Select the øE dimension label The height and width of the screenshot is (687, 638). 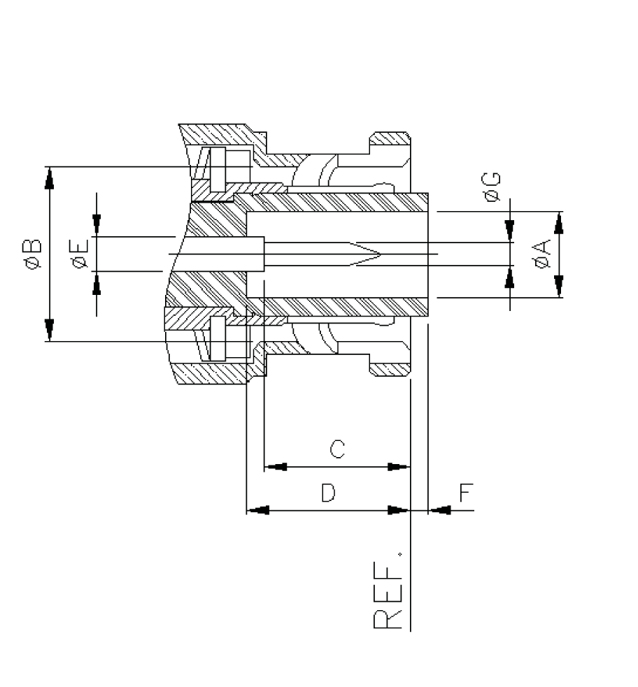[79, 254]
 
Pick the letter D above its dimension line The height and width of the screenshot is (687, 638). [328, 493]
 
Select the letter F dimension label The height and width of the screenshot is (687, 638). [467, 493]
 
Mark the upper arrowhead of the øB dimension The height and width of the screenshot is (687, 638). [49, 178]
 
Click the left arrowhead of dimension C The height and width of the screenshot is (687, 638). [276, 466]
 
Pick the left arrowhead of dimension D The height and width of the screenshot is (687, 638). [259, 510]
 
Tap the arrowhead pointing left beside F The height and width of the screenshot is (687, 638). [439, 510]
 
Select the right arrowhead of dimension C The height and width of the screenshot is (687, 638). [398, 466]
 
